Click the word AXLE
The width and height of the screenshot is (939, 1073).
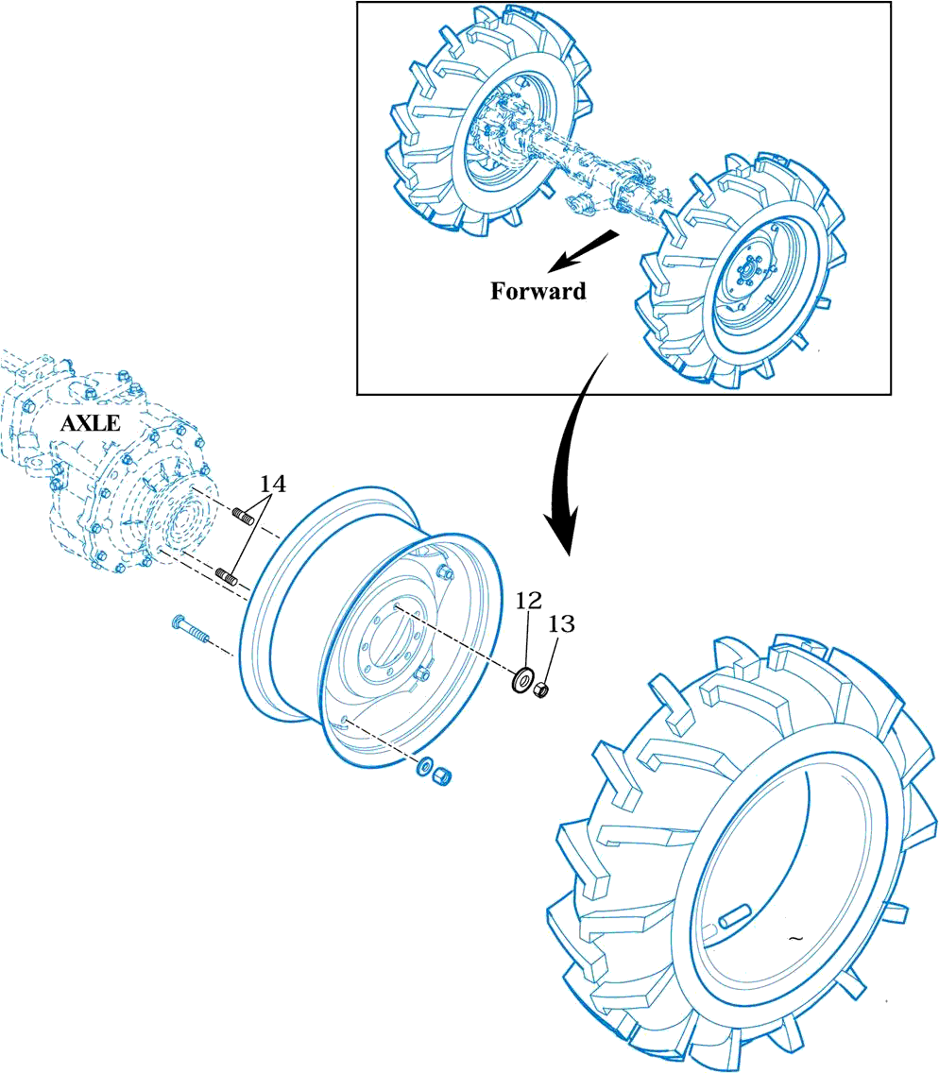tap(91, 423)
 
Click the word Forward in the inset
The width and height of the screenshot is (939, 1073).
tap(538, 291)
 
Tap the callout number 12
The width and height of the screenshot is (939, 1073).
tap(528, 600)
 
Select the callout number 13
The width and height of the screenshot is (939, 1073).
tap(560, 623)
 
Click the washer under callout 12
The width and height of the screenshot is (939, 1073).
tap(520, 680)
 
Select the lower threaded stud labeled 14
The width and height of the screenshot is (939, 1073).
tap(227, 575)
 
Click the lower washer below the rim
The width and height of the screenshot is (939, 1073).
tap(424, 765)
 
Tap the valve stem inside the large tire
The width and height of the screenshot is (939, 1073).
tap(733, 917)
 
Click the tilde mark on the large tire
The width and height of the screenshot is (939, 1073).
tap(795, 939)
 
